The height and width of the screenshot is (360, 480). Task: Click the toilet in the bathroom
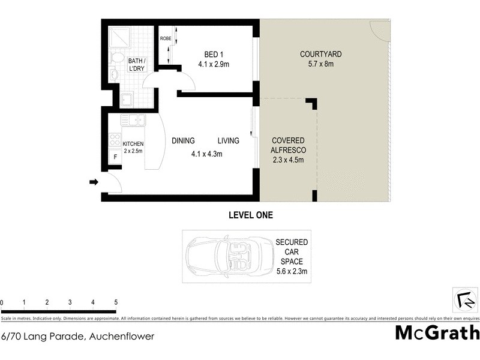point(118,59)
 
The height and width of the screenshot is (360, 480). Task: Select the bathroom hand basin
point(114,75)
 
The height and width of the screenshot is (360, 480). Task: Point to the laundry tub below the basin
point(127,99)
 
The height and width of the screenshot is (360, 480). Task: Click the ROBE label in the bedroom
point(165,39)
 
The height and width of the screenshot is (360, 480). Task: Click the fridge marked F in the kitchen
point(115,157)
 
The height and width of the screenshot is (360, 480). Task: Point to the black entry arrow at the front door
point(94,182)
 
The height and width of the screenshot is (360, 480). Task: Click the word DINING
point(183,141)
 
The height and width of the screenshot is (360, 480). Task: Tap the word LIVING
point(229,141)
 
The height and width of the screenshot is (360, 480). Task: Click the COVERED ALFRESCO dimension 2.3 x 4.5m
point(289,160)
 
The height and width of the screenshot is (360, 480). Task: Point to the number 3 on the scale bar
point(70,302)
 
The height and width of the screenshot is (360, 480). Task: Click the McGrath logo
point(437,332)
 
